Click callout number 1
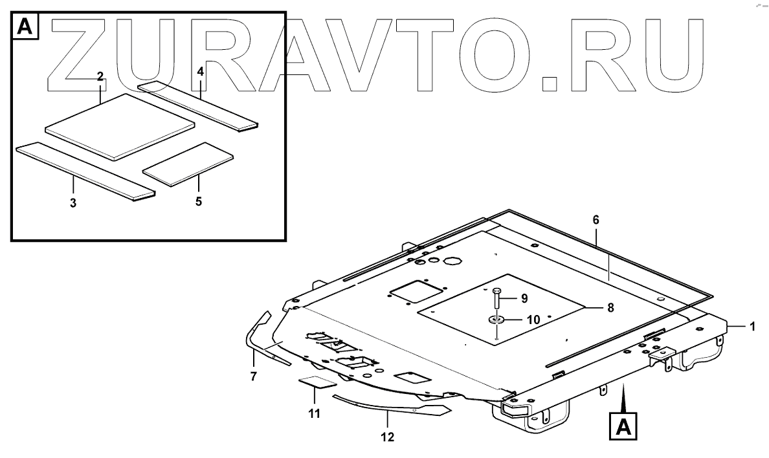(x=752, y=327)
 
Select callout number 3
(x=73, y=203)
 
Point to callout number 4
(x=201, y=71)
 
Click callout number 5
(x=198, y=202)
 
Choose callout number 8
(x=610, y=308)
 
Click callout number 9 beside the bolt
(x=524, y=299)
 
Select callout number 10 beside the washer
(x=533, y=320)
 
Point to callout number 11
(x=314, y=414)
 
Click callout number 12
(x=388, y=437)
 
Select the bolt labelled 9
(x=496, y=299)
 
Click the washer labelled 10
(x=496, y=319)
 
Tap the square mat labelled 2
(x=120, y=124)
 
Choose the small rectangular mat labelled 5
(x=188, y=164)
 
